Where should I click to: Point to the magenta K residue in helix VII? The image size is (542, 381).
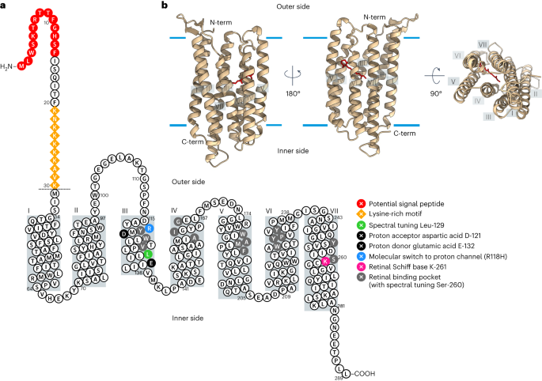point(325,261)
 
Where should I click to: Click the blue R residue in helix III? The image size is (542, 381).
point(149,228)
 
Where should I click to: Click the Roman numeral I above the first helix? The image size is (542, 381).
point(29,210)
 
